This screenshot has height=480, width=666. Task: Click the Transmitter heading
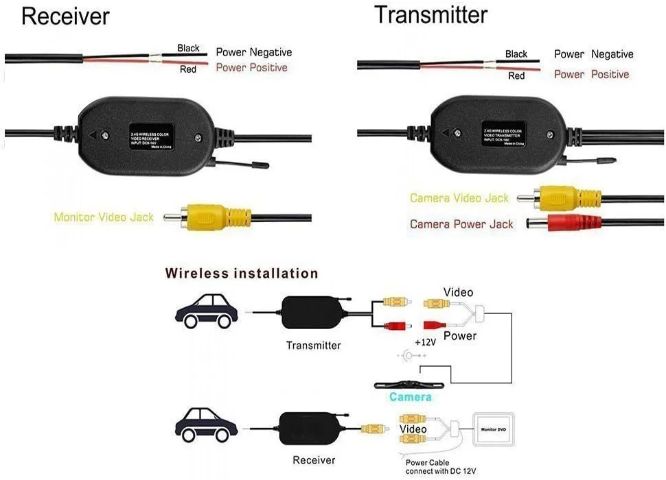(x=430, y=14)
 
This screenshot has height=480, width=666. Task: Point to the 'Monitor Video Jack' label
(x=104, y=217)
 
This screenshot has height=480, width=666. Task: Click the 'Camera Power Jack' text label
(x=461, y=224)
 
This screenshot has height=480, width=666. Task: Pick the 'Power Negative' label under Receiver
(x=253, y=52)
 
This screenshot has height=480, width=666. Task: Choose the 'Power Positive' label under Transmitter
(x=591, y=74)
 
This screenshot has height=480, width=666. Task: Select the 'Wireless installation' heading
(x=242, y=274)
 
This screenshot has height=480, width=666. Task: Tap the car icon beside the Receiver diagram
(x=206, y=426)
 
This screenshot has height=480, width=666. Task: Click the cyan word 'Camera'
(x=411, y=397)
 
